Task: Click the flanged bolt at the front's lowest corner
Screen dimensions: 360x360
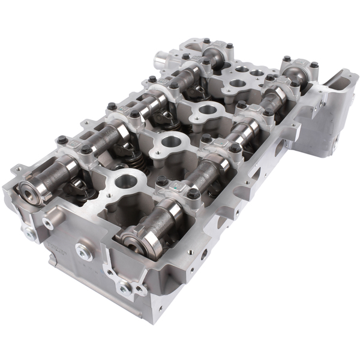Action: [x=125, y=287]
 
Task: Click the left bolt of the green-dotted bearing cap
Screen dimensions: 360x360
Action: [x=161, y=181]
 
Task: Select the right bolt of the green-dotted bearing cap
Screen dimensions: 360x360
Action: [x=193, y=194]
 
